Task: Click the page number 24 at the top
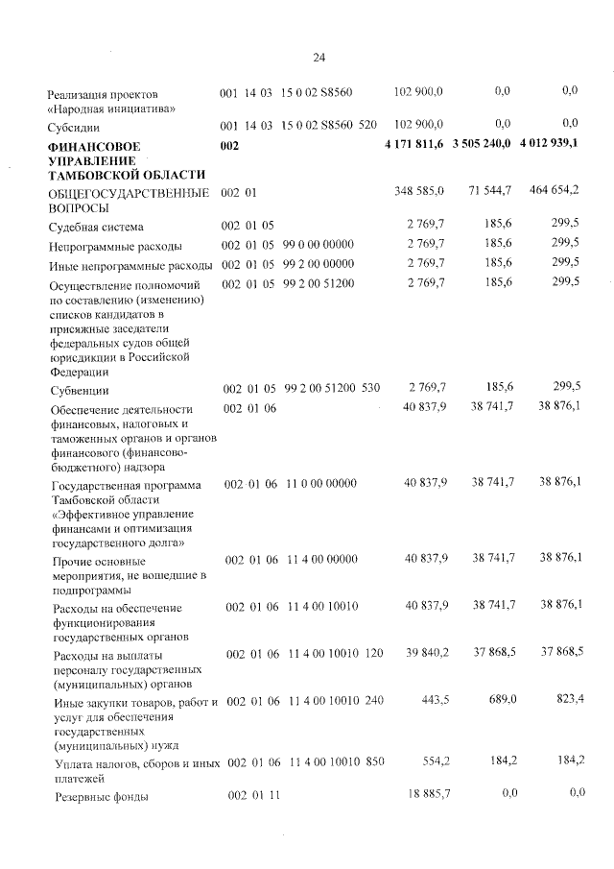click(319, 58)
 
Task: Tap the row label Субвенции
click(80, 391)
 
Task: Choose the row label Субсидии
click(76, 126)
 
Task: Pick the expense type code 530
click(371, 388)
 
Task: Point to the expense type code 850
click(374, 761)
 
